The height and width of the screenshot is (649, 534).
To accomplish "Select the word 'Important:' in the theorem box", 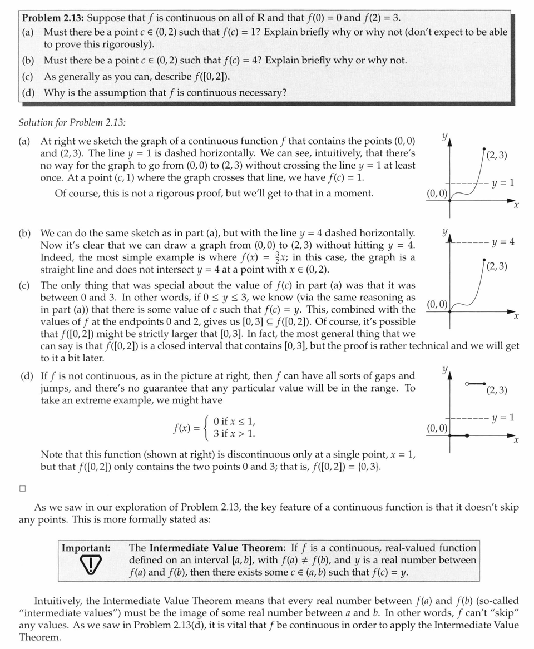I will coord(86,548).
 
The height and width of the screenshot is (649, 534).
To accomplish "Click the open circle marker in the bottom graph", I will coord(468,383).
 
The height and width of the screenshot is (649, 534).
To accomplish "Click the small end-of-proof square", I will coord(22,489).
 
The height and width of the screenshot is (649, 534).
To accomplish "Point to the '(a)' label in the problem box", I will coord(28,32).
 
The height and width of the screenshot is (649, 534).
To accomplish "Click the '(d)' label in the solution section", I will coord(26,376).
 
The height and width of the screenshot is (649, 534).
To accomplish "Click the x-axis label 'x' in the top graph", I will coord(516,206).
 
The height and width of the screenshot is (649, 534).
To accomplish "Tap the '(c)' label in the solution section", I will coord(24,285).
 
